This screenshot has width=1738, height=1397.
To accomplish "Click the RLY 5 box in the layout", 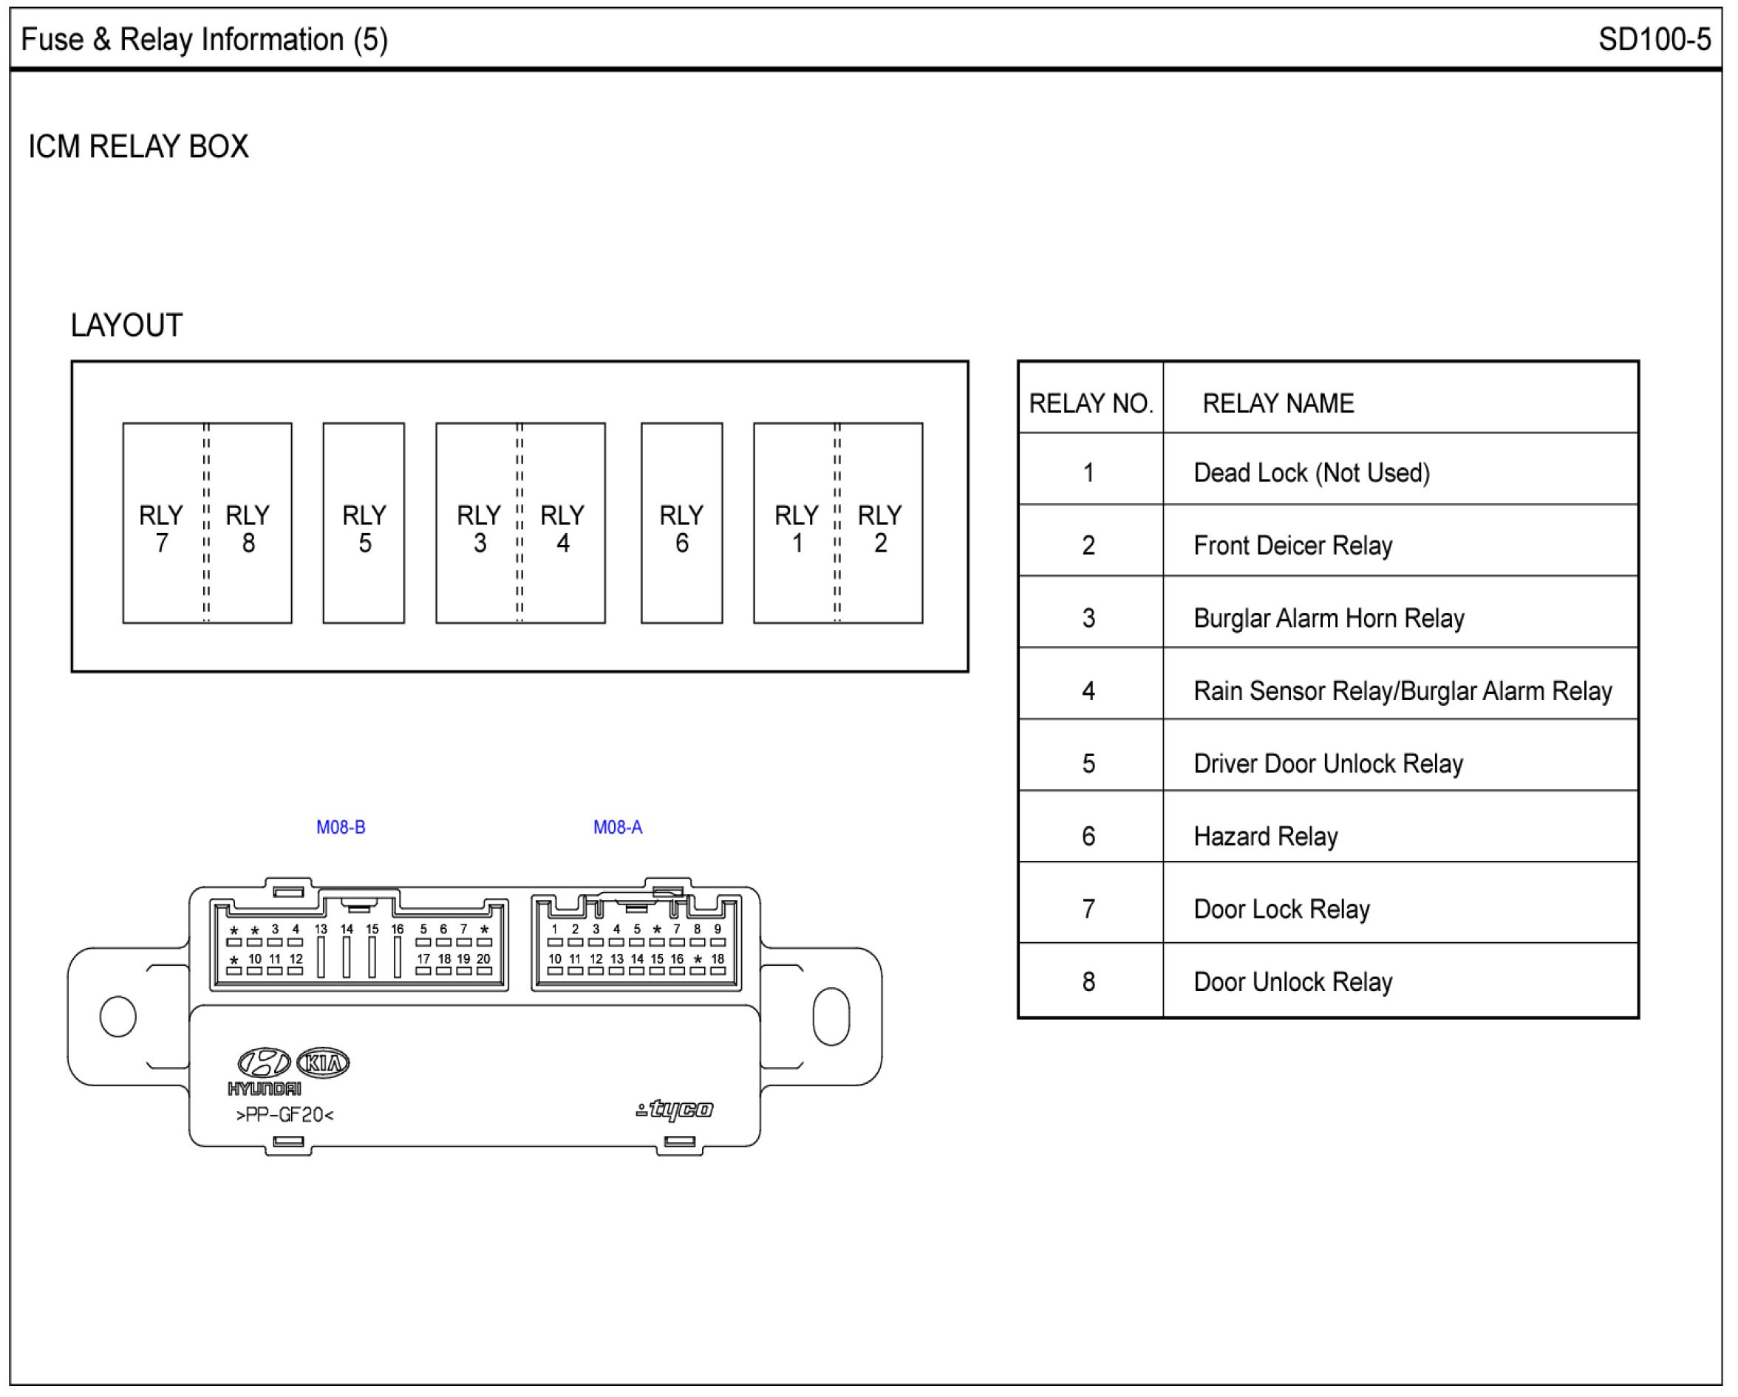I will (x=364, y=524).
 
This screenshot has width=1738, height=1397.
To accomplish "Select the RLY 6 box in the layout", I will (x=681, y=524).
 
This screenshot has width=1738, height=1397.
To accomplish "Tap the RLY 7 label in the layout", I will (x=161, y=529).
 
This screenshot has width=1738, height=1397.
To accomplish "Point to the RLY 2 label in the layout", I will (x=879, y=529).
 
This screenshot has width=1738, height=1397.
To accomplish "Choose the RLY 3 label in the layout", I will (x=479, y=529).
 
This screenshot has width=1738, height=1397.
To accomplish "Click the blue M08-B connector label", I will (x=340, y=828).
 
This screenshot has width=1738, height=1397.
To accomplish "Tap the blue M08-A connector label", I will (x=618, y=828).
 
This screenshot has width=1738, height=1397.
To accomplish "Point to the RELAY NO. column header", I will (x=1091, y=403).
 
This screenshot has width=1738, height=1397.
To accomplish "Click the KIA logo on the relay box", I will (x=323, y=1063).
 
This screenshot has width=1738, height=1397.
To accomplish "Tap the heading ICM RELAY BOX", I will (x=139, y=147).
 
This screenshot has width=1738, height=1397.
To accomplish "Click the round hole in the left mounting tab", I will (x=117, y=1016).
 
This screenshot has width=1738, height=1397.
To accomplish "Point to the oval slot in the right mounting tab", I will (x=831, y=1016).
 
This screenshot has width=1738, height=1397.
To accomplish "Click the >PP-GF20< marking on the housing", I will (x=284, y=1115).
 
